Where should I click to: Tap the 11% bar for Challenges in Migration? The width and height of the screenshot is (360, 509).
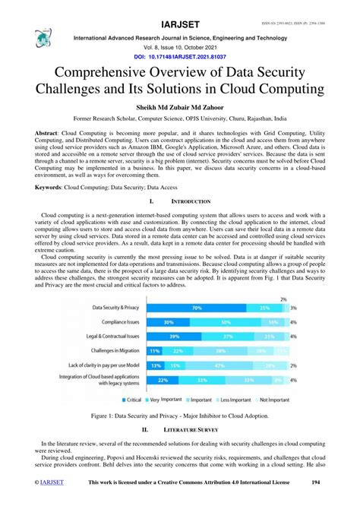click(x=155, y=351)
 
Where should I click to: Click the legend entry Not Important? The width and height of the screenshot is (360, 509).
click(x=270, y=399)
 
